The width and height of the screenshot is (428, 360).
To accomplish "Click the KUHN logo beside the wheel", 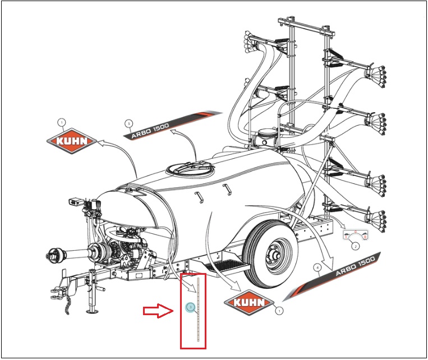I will pyautogui.click(x=248, y=302).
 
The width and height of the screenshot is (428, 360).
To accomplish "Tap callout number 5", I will pyautogui.click(x=129, y=122).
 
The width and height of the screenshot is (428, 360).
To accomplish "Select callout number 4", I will pyautogui.click(x=317, y=268).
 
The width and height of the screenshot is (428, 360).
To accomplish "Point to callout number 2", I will pyautogui.click(x=355, y=246).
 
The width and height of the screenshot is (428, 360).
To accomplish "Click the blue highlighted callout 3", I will pyautogui.click(x=191, y=307).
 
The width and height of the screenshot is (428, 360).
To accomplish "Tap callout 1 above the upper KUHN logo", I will pyautogui.click(x=62, y=122).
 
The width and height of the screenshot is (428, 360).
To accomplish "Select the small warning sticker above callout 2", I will pyautogui.click(x=355, y=234).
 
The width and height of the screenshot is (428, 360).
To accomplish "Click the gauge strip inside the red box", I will pyautogui.click(x=196, y=308).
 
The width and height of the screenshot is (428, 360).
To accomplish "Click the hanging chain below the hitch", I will pyautogui.click(x=70, y=306).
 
